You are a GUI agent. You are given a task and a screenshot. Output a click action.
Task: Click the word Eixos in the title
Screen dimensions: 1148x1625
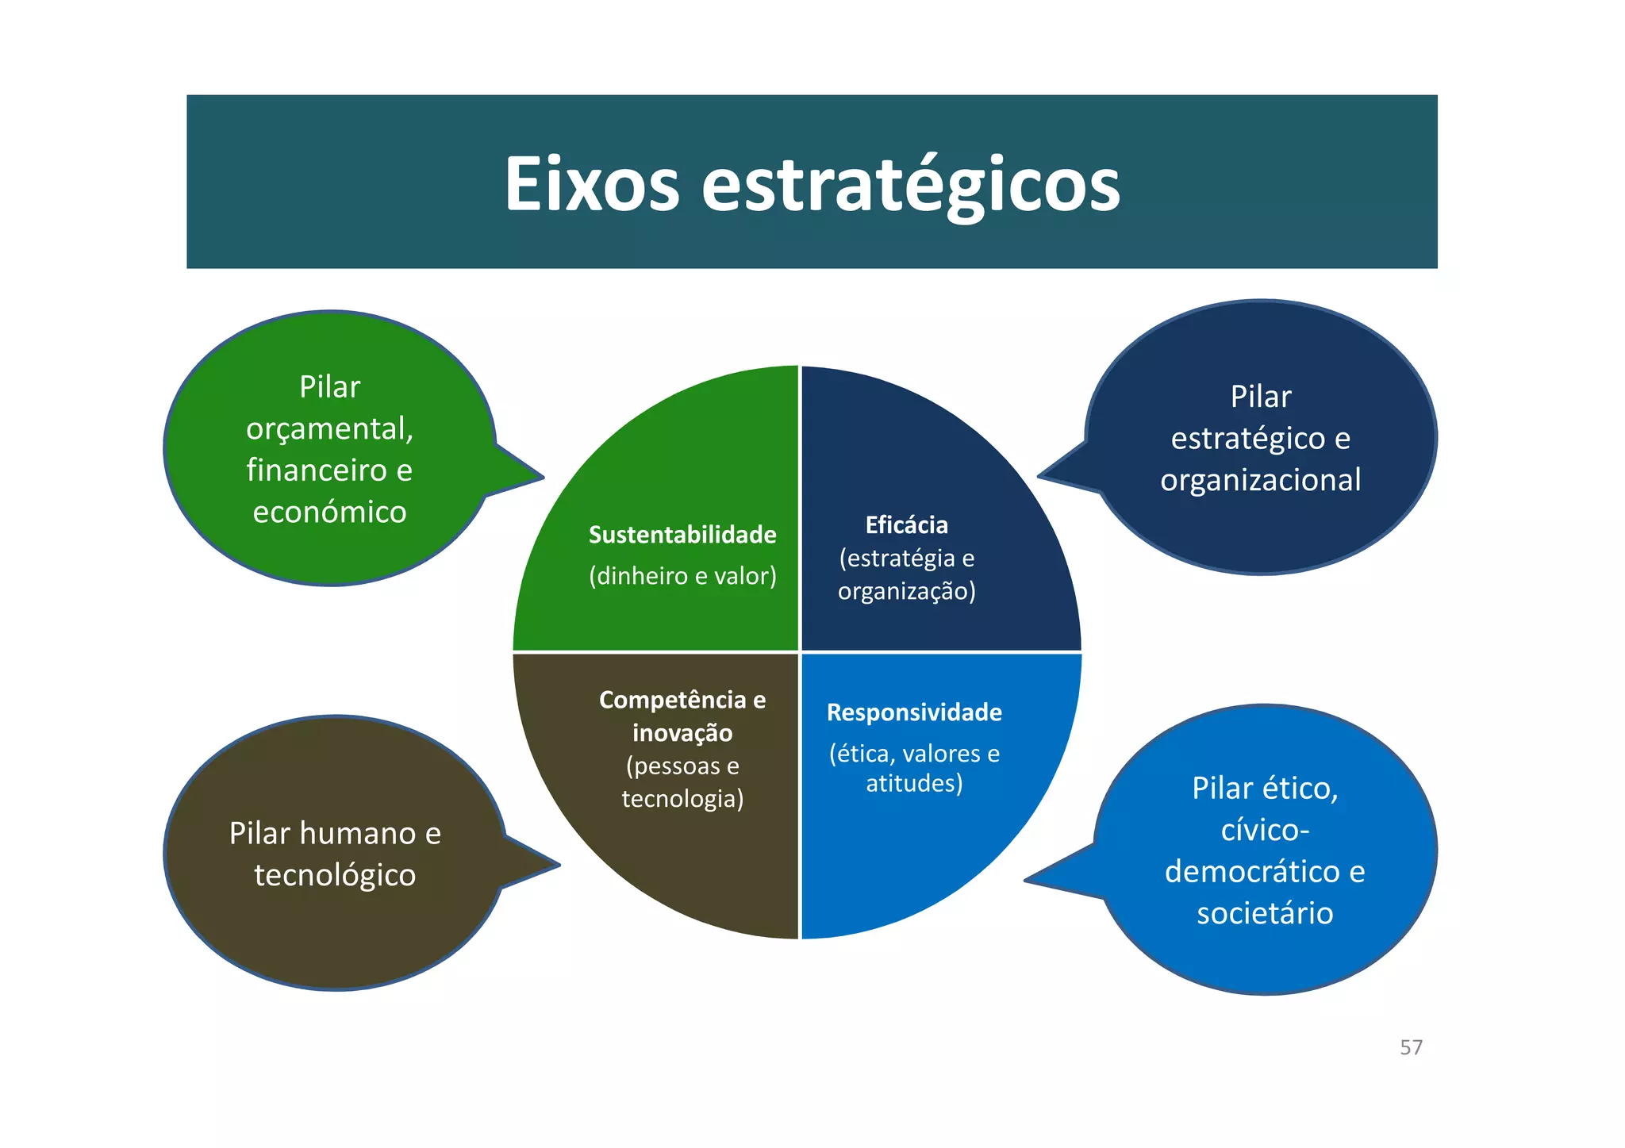(x=592, y=184)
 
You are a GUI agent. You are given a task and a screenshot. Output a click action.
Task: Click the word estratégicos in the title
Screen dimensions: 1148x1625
(x=911, y=186)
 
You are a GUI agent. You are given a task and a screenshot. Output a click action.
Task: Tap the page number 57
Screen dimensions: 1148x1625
(x=1411, y=1047)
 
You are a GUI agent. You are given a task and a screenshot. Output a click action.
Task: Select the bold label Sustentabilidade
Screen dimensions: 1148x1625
(x=682, y=535)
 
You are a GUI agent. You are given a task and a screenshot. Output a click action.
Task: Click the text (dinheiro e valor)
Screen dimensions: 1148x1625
(x=682, y=575)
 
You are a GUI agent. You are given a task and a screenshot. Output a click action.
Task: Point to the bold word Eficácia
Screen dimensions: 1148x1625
(x=906, y=525)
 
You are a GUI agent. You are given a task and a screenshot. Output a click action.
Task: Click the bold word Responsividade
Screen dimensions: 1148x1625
(x=914, y=712)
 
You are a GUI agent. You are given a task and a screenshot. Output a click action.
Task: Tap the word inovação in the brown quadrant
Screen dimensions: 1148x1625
(x=682, y=732)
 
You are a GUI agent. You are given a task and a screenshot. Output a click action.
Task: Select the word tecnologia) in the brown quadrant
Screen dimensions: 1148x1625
(x=682, y=798)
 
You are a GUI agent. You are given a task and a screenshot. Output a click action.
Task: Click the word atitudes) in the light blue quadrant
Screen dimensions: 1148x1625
(x=914, y=783)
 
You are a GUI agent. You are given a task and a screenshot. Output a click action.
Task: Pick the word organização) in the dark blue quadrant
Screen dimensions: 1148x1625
(x=906, y=591)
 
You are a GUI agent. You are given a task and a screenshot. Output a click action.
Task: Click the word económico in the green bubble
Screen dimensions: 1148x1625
(x=329, y=512)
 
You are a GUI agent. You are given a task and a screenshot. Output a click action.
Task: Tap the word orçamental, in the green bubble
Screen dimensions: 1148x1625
(x=329, y=429)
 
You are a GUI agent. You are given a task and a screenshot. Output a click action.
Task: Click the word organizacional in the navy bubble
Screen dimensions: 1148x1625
(x=1260, y=480)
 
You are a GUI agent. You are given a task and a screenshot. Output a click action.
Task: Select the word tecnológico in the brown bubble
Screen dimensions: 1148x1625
(x=335, y=875)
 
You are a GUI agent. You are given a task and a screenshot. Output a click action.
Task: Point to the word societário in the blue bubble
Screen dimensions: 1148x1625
(x=1265, y=913)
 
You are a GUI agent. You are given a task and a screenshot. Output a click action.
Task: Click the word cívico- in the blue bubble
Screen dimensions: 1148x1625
(x=1265, y=830)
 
